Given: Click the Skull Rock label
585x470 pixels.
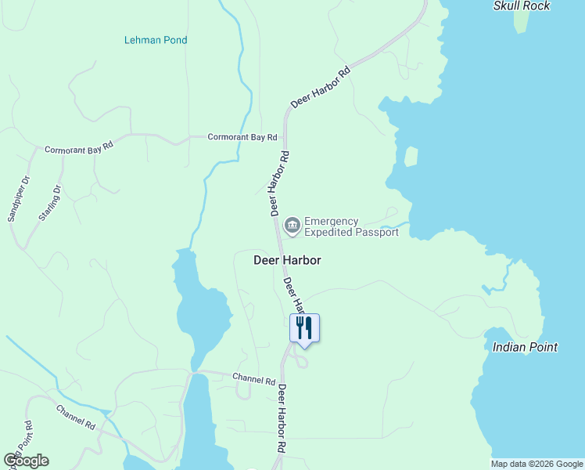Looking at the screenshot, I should (522, 6).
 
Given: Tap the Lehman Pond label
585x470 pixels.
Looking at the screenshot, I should (156, 40).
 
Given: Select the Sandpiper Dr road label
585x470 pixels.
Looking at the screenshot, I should (18, 198).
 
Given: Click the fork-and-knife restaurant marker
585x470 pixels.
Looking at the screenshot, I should (304, 327).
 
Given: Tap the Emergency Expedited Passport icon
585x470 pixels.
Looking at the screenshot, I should (292, 226).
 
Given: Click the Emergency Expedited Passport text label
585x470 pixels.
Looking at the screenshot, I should (351, 227).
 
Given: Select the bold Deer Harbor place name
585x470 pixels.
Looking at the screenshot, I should (288, 260).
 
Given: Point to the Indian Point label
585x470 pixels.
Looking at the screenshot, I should (525, 347).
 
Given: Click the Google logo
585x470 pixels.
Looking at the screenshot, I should (27, 460).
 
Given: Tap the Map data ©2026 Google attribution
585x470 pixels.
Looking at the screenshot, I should (537, 464).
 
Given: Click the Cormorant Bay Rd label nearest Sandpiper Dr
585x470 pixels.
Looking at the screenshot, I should (79, 147).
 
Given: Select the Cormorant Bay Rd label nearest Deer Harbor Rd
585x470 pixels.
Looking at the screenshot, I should (242, 137).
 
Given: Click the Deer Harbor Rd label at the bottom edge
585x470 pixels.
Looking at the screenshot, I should (282, 419).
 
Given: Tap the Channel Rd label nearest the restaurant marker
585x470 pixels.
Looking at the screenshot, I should (254, 380).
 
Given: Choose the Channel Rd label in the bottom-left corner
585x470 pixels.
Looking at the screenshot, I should (76, 417).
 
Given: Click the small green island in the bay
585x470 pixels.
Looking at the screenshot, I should (411, 156).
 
